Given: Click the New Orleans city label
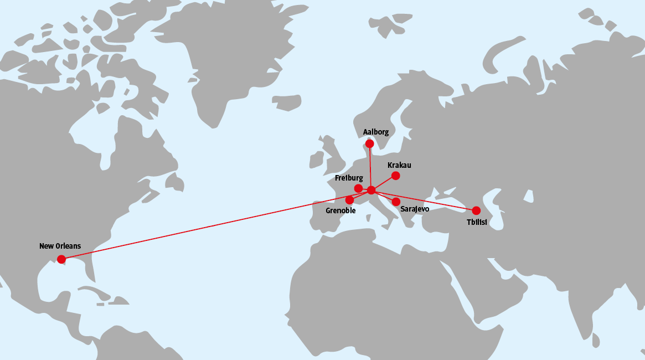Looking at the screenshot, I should [x=60, y=246].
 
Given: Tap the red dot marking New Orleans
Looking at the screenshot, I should [x=61, y=259].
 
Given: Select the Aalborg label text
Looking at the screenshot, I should [x=375, y=132].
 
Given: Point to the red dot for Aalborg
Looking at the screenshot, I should [x=369, y=143].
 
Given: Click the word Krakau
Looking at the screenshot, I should [x=399, y=166].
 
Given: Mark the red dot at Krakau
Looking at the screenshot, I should [x=395, y=176].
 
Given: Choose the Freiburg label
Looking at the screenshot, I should [x=349, y=178].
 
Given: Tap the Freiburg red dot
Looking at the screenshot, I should [x=358, y=188].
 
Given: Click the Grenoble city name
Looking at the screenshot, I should [x=340, y=210].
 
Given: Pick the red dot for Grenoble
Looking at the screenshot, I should [x=349, y=200].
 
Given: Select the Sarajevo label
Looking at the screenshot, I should [x=414, y=209].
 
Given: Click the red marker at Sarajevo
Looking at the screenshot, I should [x=396, y=202].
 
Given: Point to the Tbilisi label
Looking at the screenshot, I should [x=476, y=222].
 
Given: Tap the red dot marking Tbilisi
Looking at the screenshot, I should [x=476, y=210].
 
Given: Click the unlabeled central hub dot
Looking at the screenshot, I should [x=371, y=191].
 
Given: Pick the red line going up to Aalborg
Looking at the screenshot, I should [x=370, y=166].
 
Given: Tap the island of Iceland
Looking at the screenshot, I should [x=286, y=101].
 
